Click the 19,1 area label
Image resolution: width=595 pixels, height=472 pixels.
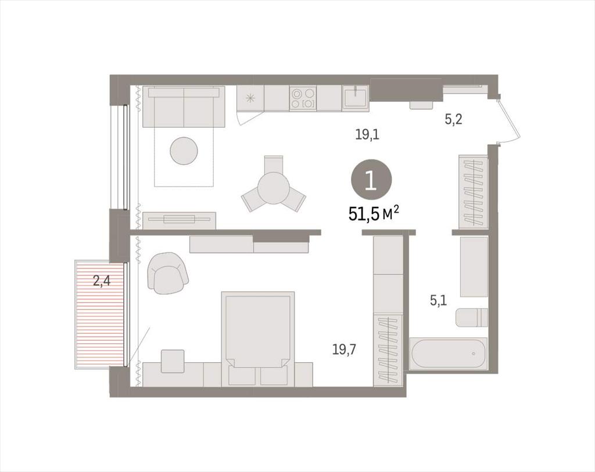tap(367, 134)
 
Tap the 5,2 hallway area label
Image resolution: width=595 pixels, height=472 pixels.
tap(453, 120)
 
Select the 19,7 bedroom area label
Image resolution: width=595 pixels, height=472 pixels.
tap(344, 349)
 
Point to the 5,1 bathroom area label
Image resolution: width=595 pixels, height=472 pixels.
tap(438, 301)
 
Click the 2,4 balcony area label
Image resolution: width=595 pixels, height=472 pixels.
tap(102, 281)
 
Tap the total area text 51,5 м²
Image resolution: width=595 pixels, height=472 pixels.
tap(374, 214)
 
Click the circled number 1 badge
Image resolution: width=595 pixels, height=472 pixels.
tap(371, 181)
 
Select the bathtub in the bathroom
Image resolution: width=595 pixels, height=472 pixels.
tap(448, 353)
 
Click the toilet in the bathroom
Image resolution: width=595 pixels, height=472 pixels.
tap(472, 317)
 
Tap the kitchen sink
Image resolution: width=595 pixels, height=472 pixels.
tap(355, 97)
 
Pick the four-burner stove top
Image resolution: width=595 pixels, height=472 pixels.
tap(302, 98)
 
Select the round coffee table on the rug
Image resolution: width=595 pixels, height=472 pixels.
tap(184, 151)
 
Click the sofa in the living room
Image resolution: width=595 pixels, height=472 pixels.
tap(184, 107)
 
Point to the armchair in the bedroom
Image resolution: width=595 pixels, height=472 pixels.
tap(167, 273)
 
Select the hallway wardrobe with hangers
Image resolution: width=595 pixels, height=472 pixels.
tap(473, 192)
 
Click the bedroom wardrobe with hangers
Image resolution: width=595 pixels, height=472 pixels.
tap(388, 350)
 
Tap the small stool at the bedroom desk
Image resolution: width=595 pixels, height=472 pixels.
tap(173, 361)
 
